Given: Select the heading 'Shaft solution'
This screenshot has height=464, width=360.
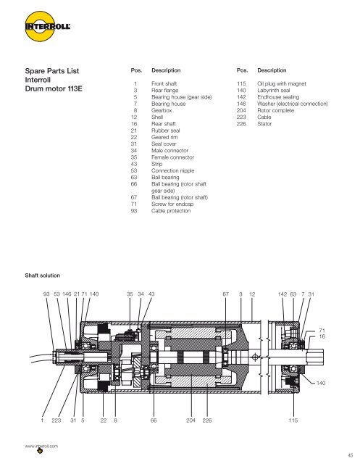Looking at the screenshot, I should tap(43, 275).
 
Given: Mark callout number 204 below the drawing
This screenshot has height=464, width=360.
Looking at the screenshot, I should tap(191, 420).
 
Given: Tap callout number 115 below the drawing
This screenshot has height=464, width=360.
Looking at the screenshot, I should tap(293, 420).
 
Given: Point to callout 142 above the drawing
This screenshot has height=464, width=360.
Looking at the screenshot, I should tap(282, 294).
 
